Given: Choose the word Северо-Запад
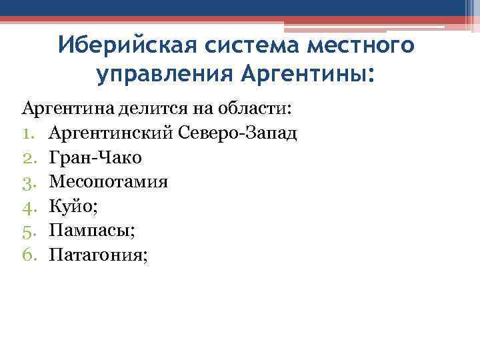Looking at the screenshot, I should (x=238, y=133).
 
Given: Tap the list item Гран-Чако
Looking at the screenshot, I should (x=95, y=157).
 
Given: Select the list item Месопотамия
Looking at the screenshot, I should (x=108, y=181).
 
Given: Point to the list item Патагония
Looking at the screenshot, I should (x=95, y=253).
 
